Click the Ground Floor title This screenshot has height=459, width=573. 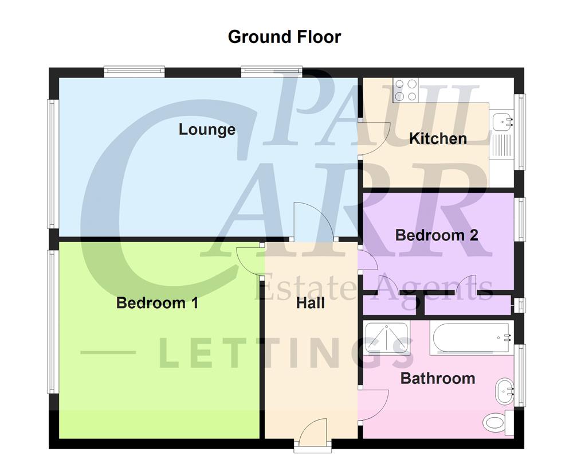[284, 37]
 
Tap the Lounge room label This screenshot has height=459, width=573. [207, 129]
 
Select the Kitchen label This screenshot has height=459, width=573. [438, 138]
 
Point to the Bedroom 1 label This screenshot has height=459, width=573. [157, 303]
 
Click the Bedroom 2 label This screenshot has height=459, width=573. [437, 235]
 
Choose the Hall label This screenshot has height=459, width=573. [311, 303]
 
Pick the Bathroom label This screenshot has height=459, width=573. [437, 379]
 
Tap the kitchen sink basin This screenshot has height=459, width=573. [503, 121]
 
